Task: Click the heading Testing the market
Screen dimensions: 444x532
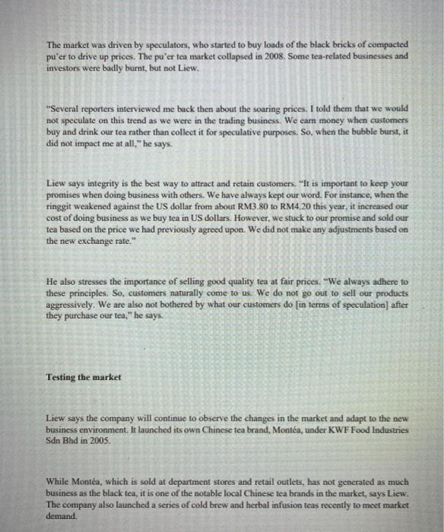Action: pos(84,376)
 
